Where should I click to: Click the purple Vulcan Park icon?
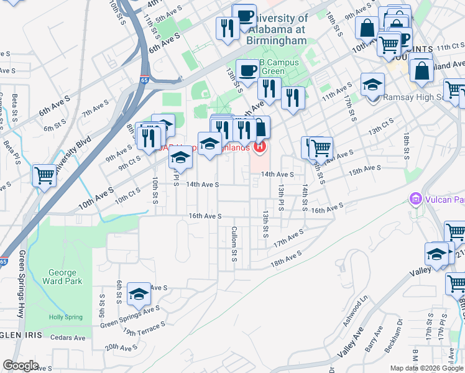(x=415, y=200)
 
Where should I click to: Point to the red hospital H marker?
(x=259, y=147)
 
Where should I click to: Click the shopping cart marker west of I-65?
(x=44, y=175)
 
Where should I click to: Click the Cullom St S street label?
(x=235, y=244)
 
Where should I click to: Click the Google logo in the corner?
(x=21, y=366)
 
